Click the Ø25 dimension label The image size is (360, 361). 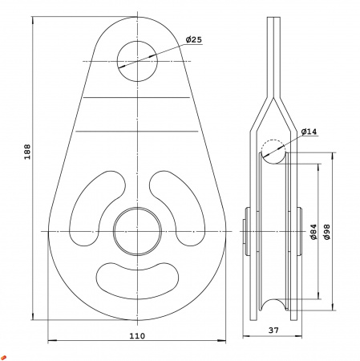(194, 40)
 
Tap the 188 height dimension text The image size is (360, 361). (27, 152)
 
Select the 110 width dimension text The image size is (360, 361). (137, 336)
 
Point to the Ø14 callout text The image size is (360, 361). (309, 132)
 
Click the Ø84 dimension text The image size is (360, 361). (313, 232)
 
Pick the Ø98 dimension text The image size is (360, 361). (326, 232)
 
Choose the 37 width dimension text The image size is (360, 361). (273, 331)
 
